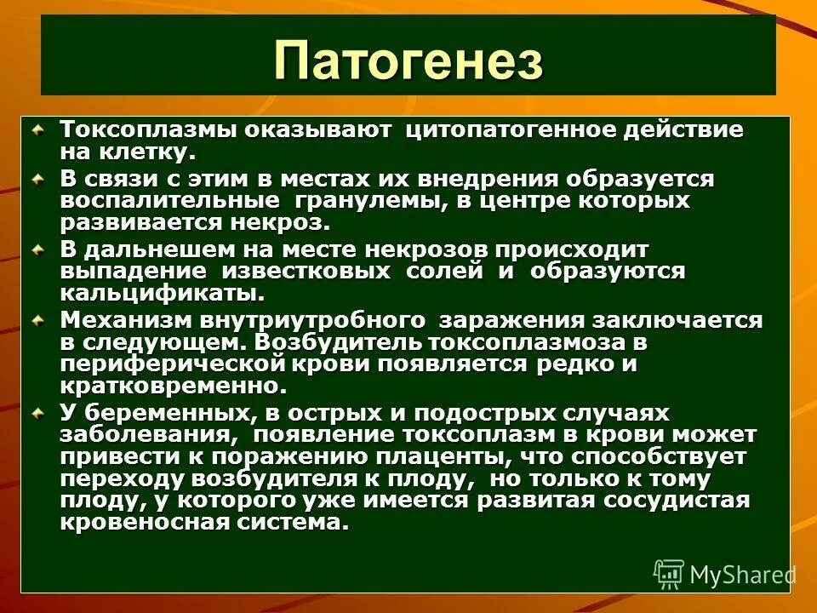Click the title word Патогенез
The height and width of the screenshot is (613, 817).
pyautogui.click(x=408, y=61)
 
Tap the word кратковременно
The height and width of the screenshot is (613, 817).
pyautogui.click(x=169, y=386)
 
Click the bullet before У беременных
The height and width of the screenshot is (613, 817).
pyautogui.click(x=38, y=413)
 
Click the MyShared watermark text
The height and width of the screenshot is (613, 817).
pyautogui.click(x=742, y=575)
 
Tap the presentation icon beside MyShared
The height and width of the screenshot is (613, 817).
pyautogui.click(x=669, y=575)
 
